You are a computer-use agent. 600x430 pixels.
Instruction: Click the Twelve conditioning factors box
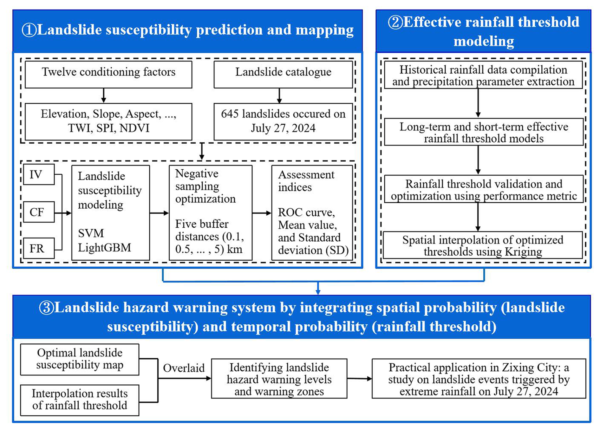[108, 75]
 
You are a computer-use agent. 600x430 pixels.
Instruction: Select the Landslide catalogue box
[283, 75]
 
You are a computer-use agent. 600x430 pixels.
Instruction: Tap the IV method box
[39, 174]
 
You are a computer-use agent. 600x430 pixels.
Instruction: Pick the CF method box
[39, 212]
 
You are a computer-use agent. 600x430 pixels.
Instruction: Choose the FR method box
[39, 248]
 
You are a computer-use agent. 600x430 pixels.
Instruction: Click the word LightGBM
[104, 248]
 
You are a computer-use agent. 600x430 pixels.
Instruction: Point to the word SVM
[91, 233]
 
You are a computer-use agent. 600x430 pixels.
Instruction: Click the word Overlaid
[184, 368]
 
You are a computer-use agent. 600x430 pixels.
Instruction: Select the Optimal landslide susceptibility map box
[80, 359]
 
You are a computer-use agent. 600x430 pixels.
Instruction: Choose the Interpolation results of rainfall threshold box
[80, 400]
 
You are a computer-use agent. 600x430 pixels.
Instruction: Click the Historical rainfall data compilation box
[483, 75]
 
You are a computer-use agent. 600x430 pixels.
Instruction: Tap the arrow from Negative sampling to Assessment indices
[262, 213]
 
